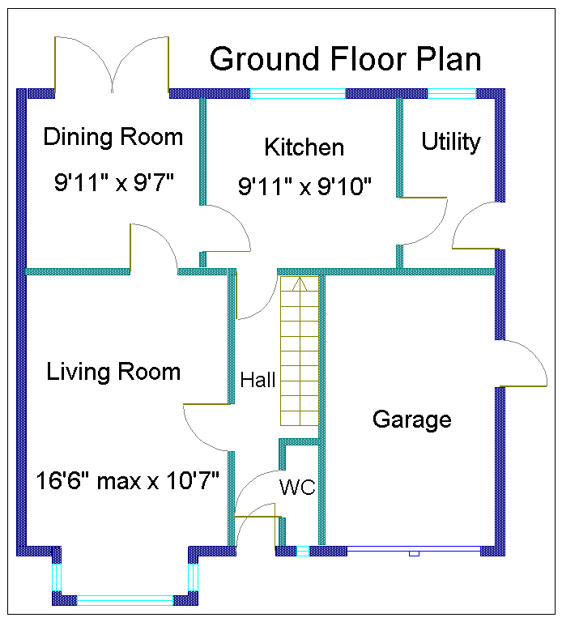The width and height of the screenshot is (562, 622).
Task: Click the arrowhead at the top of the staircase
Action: [300, 283]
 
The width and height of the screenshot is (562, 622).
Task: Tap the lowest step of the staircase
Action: [300, 419]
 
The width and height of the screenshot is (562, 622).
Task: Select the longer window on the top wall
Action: [297, 93]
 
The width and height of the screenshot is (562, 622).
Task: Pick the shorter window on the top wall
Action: [451, 93]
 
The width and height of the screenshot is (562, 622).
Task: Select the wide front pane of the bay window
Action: [125, 600]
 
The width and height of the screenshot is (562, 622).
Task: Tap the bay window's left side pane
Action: [57, 577]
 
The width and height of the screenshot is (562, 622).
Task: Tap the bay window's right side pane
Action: [193, 577]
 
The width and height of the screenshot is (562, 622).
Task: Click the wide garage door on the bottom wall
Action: [413, 550]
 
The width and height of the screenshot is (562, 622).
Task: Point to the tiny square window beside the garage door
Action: [303, 551]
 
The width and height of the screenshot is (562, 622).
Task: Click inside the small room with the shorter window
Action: [449, 146]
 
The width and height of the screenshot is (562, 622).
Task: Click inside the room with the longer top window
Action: [300, 178]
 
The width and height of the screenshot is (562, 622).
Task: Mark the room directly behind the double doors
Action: [109, 178]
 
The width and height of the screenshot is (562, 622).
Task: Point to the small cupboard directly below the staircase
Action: [301, 494]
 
